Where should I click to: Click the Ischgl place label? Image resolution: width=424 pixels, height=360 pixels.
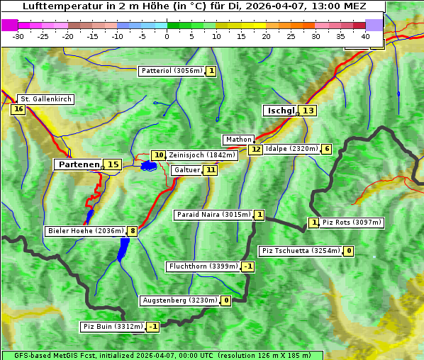[x=281, y=111]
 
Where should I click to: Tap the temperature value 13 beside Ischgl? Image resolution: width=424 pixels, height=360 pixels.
[x=308, y=111]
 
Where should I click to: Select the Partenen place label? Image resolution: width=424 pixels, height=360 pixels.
[x=79, y=164]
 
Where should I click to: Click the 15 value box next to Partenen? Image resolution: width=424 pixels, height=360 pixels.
[x=113, y=164]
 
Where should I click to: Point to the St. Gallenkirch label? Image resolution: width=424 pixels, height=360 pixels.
[x=45, y=99]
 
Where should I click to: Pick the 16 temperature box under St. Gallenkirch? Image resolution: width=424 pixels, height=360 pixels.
[x=18, y=109]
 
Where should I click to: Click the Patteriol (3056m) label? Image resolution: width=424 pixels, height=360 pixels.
[x=172, y=71]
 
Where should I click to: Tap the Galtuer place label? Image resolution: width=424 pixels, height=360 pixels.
[x=186, y=170]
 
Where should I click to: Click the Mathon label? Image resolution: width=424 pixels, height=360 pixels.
[x=238, y=140]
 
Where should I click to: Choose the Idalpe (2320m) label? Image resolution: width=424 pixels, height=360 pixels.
[x=291, y=149]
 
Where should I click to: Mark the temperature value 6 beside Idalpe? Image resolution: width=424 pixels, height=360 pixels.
[x=326, y=149]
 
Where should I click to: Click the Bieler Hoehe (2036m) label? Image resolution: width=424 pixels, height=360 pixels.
[x=85, y=231]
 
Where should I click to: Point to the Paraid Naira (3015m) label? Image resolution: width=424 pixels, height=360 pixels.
[x=213, y=215]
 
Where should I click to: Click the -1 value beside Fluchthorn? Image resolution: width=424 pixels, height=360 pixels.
[x=247, y=267]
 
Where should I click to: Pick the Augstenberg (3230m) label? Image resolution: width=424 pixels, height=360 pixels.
[x=179, y=300]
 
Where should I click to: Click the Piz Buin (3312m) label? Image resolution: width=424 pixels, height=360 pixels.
[x=112, y=327]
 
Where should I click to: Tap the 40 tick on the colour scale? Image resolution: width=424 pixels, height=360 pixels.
[x=365, y=36]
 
